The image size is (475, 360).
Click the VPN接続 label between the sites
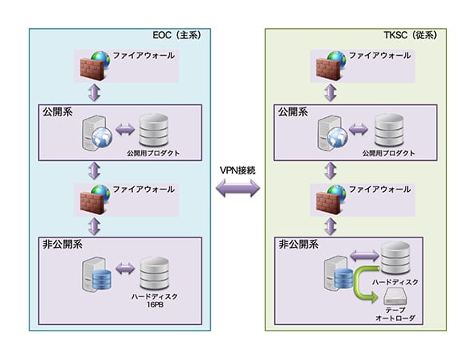coord(237,170)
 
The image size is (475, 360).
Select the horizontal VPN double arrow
coord(237,188)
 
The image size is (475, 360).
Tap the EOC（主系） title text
coord(177,35)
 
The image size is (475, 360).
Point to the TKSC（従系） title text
coord(410,35)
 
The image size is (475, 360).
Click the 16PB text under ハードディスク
coord(155,304)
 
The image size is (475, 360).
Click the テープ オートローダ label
coord(395,314)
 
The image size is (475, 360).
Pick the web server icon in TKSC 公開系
coord(332,133)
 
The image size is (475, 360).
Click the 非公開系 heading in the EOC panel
coord(62,245)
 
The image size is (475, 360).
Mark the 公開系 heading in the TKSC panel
coord(293,112)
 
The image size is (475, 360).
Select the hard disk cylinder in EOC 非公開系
coord(154,274)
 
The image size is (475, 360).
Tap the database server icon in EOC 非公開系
coord(96,275)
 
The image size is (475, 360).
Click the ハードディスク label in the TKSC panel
coord(395,282)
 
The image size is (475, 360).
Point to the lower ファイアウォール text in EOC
coord(143,190)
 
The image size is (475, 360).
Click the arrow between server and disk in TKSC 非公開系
coord(364,256)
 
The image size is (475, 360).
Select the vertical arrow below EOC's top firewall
coord(94,92)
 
